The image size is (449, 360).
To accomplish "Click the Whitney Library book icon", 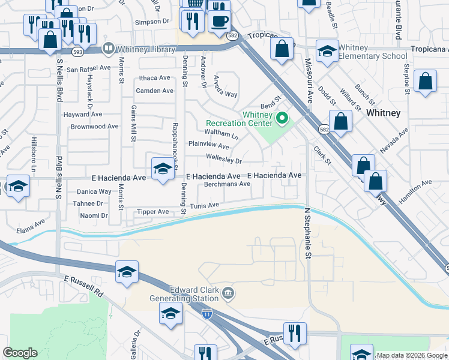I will tap(109, 48).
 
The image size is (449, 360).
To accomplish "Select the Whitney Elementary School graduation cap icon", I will tap(327, 52).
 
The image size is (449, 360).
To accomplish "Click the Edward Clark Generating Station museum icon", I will tap(228, 293).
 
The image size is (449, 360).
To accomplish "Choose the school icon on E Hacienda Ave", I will tap(162, 170).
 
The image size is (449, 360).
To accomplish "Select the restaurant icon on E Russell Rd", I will tap(294, 334).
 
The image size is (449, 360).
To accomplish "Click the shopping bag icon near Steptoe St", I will tap(425, 83).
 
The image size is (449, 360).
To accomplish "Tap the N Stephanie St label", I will tap(309, 233).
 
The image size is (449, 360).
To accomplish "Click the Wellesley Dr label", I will tap(223, 161).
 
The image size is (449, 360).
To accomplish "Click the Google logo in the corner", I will tap(20, 353).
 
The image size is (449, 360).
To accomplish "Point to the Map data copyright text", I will tap(412, 355).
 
